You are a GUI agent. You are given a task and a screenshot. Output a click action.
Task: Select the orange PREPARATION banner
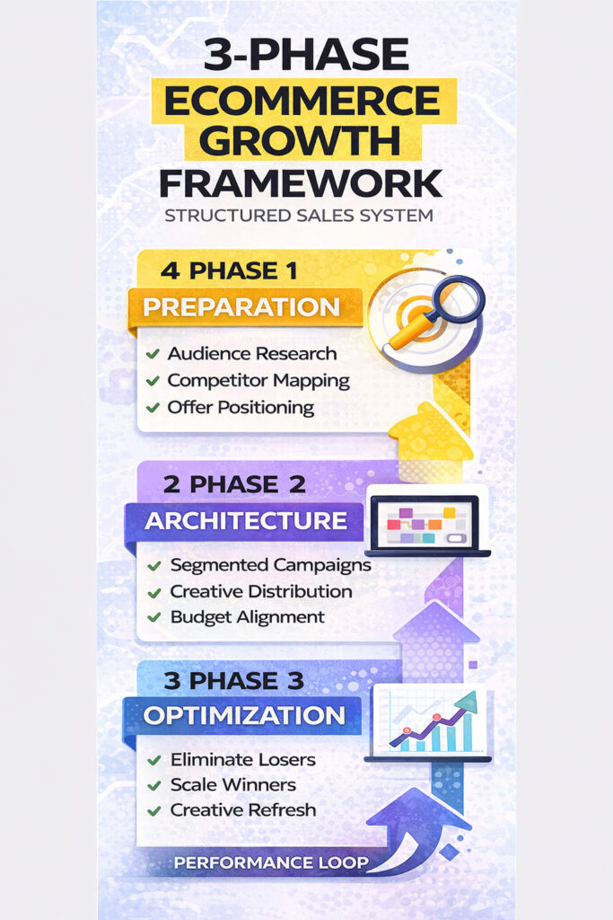pyautogui.click(x=242, y=307)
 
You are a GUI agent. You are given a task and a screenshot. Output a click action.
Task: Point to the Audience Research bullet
pyautogui.click(x=251, y=353)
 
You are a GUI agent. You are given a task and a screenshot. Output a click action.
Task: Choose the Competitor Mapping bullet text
pyautogui.click(x=258, y=380)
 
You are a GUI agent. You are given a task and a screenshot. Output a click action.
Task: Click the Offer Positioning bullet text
pyautogui.click(x=241, y=407)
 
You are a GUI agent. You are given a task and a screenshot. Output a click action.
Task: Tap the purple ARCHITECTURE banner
pyautogui.click(x=246, y=521)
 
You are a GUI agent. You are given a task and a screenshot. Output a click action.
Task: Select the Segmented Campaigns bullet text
pyautogui.click(x=270, y=565)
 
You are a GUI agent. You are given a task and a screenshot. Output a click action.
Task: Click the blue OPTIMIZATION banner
pyautogui.click(x=244, y=716)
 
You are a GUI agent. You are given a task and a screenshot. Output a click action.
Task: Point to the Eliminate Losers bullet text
pyautogui.click(x=242, y=759)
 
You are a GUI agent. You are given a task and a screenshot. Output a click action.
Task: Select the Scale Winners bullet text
pyautogui.click(x=232, y=784)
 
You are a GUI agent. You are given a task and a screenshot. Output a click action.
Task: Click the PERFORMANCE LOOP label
pyautogui.click(x=271, y=863)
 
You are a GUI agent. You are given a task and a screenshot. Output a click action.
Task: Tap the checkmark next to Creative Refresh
pyautogui.click(x=153, y=810)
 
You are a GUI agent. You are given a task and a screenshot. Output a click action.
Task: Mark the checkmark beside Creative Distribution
pyautogui.click(x=153, y=592)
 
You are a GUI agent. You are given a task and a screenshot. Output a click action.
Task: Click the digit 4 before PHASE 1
pyautogui.click(x=168, y=270)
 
